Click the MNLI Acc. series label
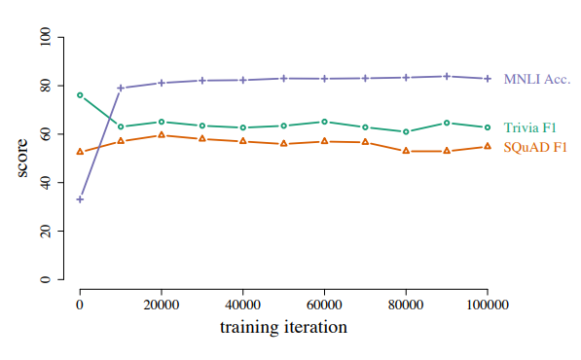click(537, 79)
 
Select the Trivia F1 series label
click(530, 127)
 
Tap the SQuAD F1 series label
click(535, 147)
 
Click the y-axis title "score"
click(22, 159)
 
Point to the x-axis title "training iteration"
click(283, 327)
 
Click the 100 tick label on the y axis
click(45, 37)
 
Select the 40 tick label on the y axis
click(45, 183)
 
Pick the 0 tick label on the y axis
click(45, 279)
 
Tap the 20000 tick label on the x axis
click(162, 305)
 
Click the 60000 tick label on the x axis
click(324, 305)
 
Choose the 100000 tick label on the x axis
click(488, 305)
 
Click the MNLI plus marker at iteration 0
click(80, 199)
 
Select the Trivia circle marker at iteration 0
click(80, 95)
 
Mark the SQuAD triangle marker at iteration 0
click(80, 152)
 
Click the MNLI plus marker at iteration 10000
click(121, 89)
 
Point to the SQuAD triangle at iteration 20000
click(162, 135)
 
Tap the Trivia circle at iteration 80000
click(406, 131)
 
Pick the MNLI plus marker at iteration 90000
click(447, 76)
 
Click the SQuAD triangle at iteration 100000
click(488, 146)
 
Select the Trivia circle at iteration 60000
click(324, 122)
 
